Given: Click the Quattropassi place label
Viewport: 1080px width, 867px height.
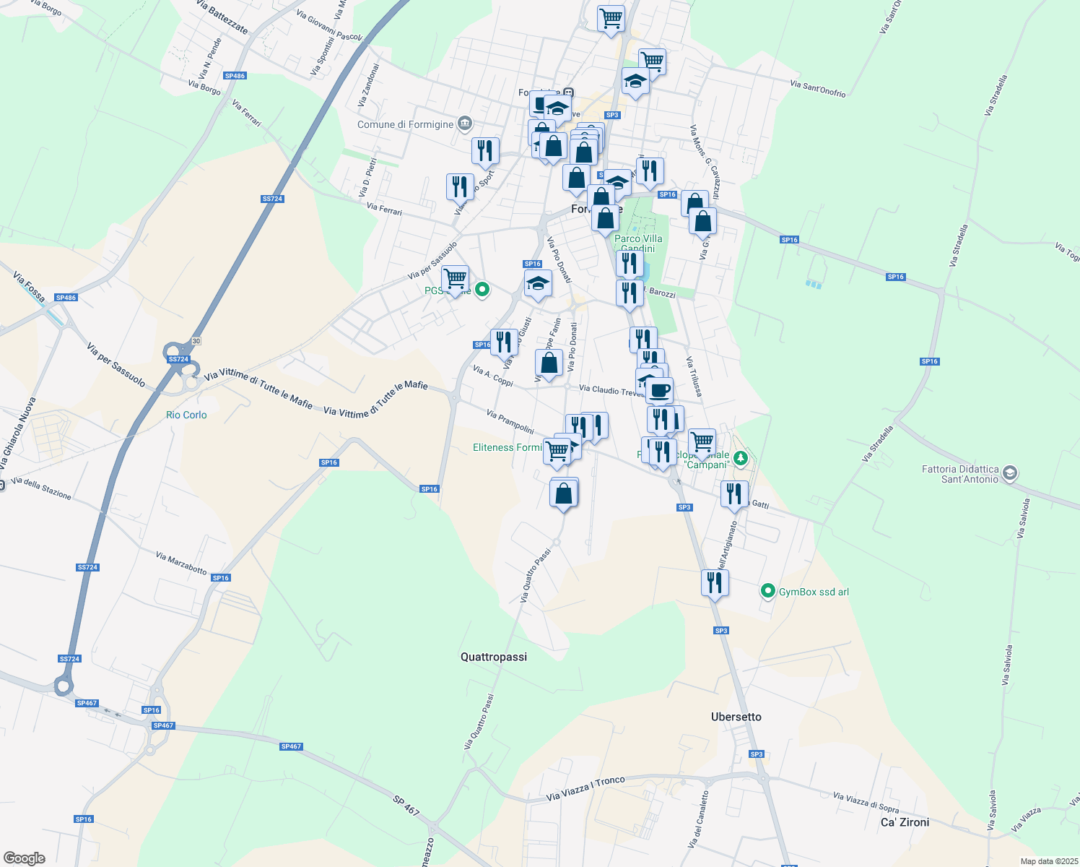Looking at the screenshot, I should pyautogui.click(x=494, y=657).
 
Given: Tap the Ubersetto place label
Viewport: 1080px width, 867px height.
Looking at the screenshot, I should pyautogui.click(x=736, y=717).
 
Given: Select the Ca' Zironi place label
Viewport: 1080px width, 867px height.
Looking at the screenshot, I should pyautogui.click(x=905, y=822).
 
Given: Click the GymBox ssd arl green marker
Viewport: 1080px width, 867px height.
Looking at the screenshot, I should pyautogui.click(x=768, y=592).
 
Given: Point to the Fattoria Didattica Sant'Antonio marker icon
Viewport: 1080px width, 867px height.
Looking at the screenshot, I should pyautogui.click(x=1009, y=473).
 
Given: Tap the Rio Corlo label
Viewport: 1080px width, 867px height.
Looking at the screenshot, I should pyautogui.click(x=186, y=415).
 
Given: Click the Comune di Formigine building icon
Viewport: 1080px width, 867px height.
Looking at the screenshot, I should pyautogui.click(x=465, y=124).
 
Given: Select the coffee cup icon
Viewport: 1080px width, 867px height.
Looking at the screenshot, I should pyautogui.click(x=658, y=391).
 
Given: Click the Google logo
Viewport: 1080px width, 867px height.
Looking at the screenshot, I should pyautogui.click(x=24, y=858).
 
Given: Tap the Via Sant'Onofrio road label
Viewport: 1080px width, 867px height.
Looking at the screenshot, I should pyautogui.click(x=817, y=89).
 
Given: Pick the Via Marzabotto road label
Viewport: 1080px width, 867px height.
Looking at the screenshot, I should pyautogui.click(x=181, y=563).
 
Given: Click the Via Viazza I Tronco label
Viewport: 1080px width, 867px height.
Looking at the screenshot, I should pyautogui.click(x=585, y=789).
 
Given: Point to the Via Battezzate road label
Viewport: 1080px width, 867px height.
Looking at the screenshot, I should pyautogui.click(x=222, y=17).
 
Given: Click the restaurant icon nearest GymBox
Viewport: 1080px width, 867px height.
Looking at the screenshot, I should pyautogui.click(x=715, y=582).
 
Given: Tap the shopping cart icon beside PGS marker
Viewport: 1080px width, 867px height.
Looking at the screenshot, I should pyautogui.click(x=455, y=278).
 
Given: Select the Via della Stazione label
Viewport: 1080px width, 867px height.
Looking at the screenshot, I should pyautogui.click(x=41, y=488).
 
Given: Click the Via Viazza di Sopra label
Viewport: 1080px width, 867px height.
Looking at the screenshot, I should pyautogui.click(x=866, y=802).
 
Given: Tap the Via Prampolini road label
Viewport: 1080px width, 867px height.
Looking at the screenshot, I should pyautogui.click(x=510, y=422).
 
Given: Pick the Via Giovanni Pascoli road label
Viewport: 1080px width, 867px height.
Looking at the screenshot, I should pyautogui.click(x=329, y=26).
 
